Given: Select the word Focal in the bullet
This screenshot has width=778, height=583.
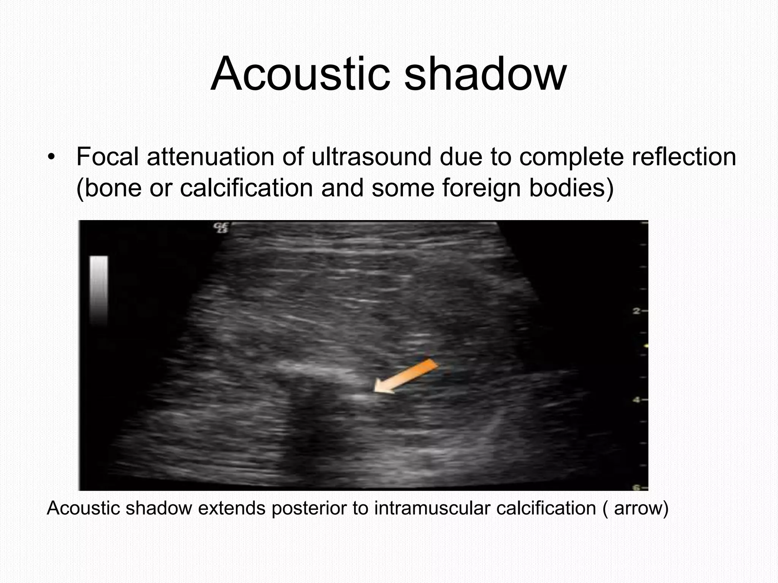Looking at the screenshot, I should (108, 156).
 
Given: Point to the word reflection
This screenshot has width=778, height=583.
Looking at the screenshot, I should (684, 156).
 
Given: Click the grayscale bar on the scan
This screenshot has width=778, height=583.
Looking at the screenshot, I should (98, 290).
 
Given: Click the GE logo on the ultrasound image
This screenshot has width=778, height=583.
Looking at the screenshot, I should (220, 228).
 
